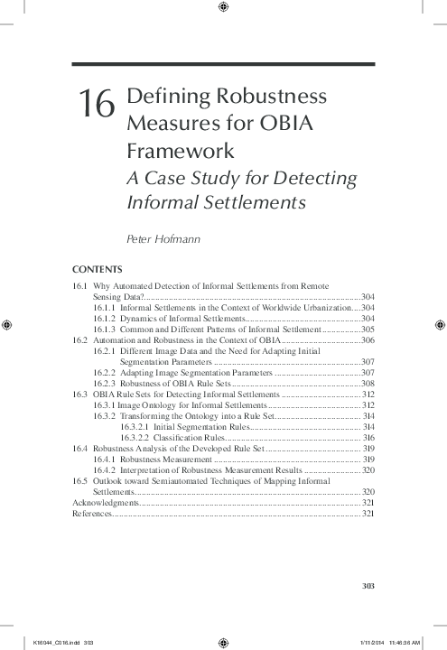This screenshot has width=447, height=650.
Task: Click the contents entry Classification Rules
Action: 190,437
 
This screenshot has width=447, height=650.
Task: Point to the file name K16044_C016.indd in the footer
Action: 51,644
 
